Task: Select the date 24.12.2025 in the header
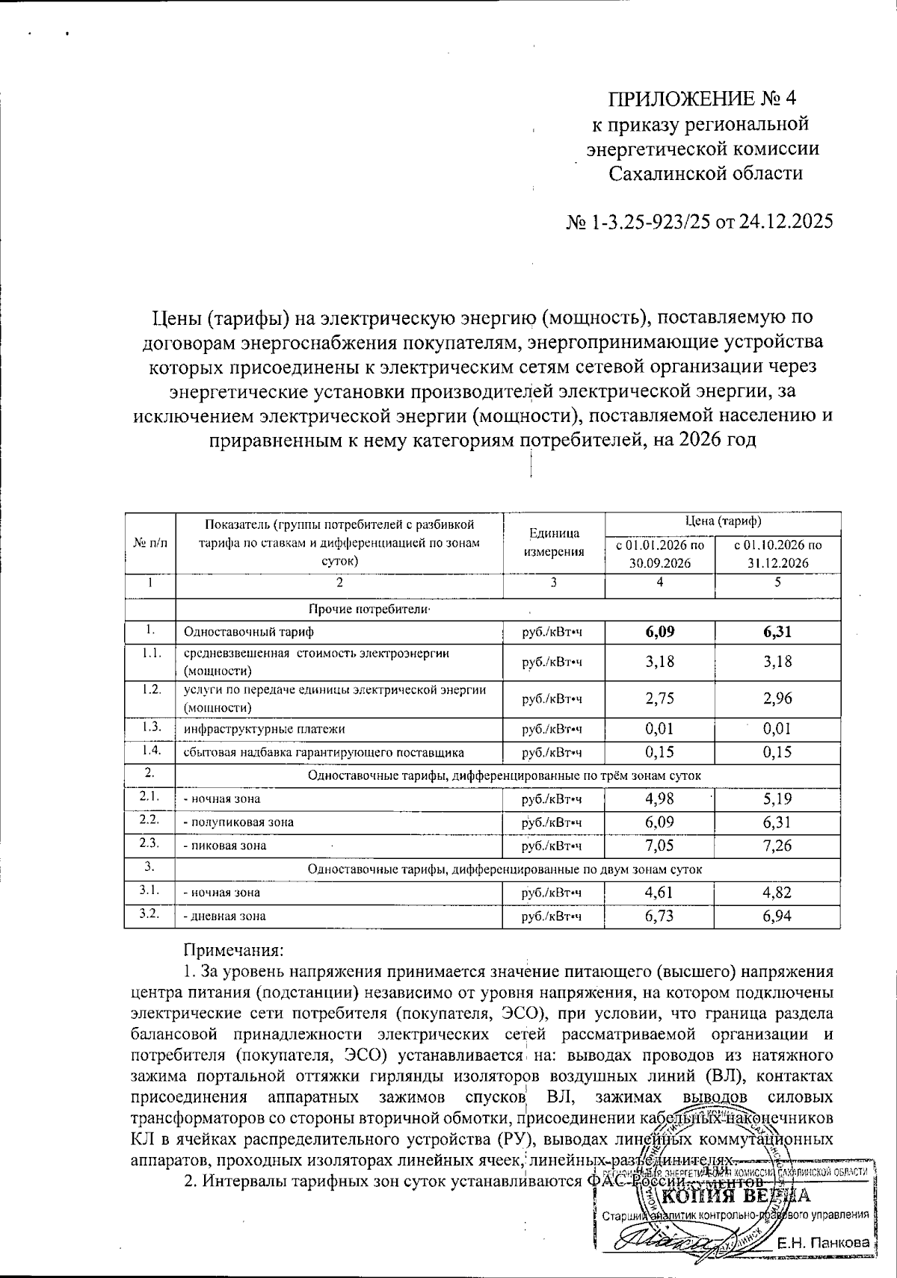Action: coord(784,223)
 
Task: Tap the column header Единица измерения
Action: coord(553,542)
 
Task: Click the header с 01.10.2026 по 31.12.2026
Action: coord(777,554)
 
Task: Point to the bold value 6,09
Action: coord(659,632)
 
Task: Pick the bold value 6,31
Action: coord(777,632)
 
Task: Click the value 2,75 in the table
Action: coord(659,698)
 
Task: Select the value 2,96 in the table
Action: coord(777,698)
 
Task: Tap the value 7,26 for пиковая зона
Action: coord(777,846)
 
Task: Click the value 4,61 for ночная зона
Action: coord(659,892)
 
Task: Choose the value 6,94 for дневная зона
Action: coord(777,916)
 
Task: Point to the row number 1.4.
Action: coord(150,751)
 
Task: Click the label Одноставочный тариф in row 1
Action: coord(238,632)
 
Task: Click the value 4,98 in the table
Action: coord(659,798)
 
